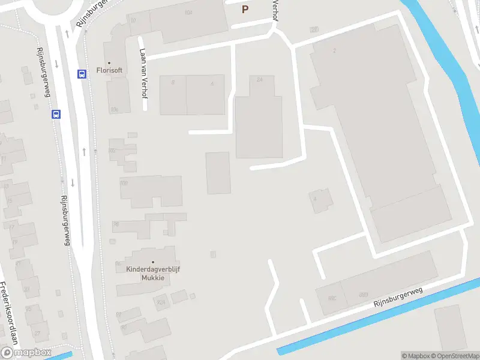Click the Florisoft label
pyautogui.click(x=110, y=70)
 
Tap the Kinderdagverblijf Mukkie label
pyautogui.click(x=153, y=274)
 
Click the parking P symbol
pyautogui.click(x=244, y=9)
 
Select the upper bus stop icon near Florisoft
pyautogui.click(x=82, y=74)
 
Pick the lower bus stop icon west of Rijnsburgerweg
pyautogui.click(x=56, y=114)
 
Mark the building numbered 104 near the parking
pyautogui.click(x=188, y=13)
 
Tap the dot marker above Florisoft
pyautogui.click(x=109, y=62)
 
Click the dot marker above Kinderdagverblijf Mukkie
pyautogui.click(x=153, y=262)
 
